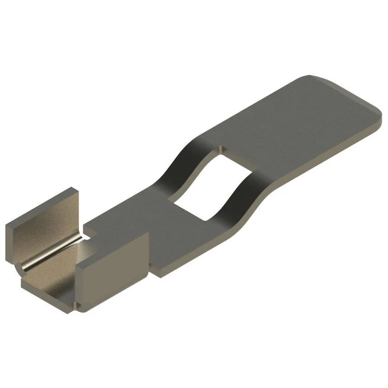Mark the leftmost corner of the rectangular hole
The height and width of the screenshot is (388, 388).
[x=175, y=202]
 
